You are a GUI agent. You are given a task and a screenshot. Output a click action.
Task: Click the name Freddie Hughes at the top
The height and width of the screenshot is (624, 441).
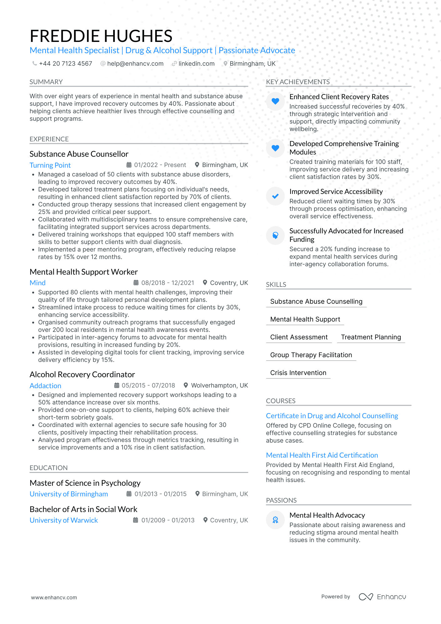click(101, 36)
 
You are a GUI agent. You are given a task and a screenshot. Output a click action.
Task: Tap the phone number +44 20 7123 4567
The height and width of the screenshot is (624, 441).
click(65, 64)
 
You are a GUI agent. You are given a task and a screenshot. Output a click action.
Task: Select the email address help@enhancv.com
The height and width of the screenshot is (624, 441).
click(135, 64)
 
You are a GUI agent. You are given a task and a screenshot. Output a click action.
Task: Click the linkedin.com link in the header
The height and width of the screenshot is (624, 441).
click(196, 64)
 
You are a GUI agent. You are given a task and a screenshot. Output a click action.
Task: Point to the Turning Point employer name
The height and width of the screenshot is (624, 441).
click(50, 165)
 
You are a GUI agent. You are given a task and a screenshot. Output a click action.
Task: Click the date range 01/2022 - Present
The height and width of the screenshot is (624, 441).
click(160, 165)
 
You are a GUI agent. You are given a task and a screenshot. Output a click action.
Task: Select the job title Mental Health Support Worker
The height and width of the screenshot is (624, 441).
click(84, 272)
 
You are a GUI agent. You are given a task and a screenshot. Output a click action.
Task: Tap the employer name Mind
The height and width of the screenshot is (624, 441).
click(38, 283)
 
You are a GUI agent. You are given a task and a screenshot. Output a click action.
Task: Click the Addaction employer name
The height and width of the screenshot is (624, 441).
click(45, 386)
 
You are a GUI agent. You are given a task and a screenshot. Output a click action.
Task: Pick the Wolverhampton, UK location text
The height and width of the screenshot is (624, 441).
click(219, 386)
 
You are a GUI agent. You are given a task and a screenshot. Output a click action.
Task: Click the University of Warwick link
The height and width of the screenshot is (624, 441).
click(64, 520)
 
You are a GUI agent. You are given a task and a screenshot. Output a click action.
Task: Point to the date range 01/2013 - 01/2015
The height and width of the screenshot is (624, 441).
click(160, 494)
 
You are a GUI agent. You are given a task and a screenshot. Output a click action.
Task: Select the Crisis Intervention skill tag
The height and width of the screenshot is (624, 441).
click(298, 373)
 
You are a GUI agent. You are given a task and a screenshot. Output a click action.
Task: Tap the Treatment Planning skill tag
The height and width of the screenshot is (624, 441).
click(371, 337)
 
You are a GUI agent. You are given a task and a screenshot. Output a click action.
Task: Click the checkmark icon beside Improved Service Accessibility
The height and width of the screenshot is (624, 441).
click(275, 196)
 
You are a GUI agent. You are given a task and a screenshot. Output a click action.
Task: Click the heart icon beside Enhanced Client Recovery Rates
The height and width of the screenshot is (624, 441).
click(275, 101)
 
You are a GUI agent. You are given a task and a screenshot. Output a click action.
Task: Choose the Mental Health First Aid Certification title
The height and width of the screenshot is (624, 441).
click(322, 455)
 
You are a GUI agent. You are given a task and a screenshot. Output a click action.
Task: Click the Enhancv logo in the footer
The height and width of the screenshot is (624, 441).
click(382, 597)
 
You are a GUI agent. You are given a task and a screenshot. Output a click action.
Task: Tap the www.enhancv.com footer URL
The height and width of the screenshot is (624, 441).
click(54, 597)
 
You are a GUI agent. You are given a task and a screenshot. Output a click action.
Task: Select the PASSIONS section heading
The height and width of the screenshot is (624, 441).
click(281, 500)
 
